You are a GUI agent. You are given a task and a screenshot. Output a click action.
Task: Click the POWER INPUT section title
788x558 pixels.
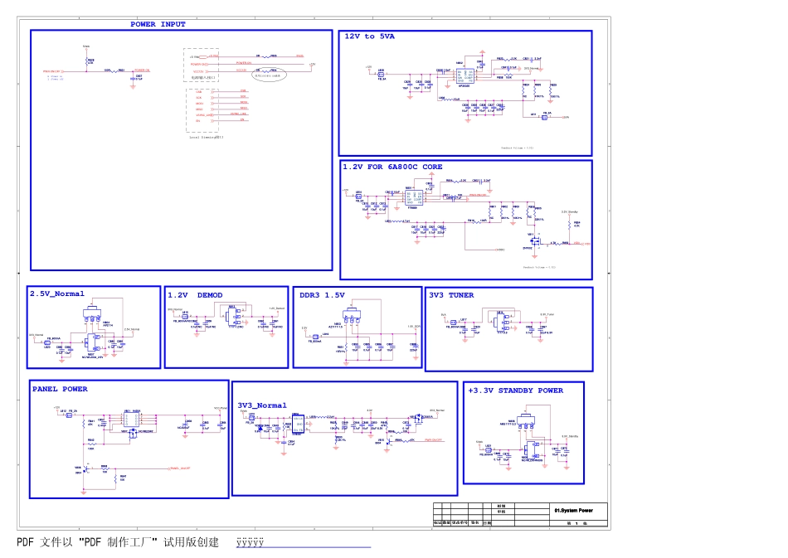(x=158, y=25)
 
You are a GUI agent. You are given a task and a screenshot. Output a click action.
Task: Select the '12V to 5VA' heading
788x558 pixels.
(x=371, y=36)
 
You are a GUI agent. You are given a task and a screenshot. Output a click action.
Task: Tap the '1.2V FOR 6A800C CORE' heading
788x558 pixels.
(x=392, y=167)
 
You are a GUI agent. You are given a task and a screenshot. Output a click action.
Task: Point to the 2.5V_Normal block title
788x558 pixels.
(x=57, y=294)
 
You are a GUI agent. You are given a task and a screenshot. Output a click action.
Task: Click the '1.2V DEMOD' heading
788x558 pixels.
(x=196, y=295)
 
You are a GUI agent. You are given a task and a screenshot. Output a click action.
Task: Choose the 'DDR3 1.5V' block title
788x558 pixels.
(x=322, y=295)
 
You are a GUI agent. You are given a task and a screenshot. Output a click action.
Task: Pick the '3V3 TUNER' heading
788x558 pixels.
(x=451, y=295)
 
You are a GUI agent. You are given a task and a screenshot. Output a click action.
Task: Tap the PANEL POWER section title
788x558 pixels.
(x=60, y=389)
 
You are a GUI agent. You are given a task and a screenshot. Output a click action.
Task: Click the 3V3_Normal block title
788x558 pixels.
(x=262, y=405)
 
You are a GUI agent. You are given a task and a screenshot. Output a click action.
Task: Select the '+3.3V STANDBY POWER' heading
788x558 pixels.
(x=515, y=391)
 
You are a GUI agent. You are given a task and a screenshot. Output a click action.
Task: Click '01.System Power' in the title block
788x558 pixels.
(x=575, y=511)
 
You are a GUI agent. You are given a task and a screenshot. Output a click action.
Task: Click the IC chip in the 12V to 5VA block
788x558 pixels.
(x=465, y=74)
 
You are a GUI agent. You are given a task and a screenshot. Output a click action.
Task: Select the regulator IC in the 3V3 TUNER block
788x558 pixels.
(x=501, y=322)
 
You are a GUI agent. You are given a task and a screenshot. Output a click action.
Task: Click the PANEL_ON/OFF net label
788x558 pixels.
(x=180, y=468)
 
